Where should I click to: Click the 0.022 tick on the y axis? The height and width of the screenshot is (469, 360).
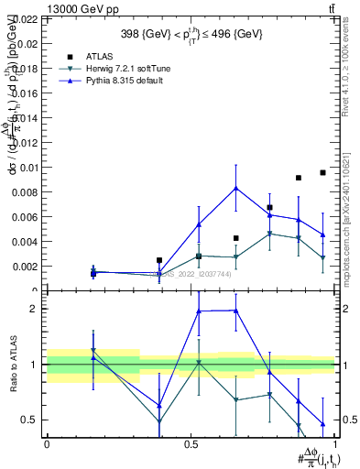[24, 18]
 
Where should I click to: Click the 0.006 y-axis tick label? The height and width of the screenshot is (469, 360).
[24, 216]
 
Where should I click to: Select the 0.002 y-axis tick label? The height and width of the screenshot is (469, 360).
[24, 266]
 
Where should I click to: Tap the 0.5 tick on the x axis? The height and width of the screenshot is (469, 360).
[191, 443]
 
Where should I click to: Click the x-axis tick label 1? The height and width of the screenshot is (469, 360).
[335, 443]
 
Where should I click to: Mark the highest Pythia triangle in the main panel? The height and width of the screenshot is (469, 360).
[236, 188]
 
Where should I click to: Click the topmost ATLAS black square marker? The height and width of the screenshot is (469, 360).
[322, 172]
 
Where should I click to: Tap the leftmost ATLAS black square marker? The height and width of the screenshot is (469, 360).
[93, 273]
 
